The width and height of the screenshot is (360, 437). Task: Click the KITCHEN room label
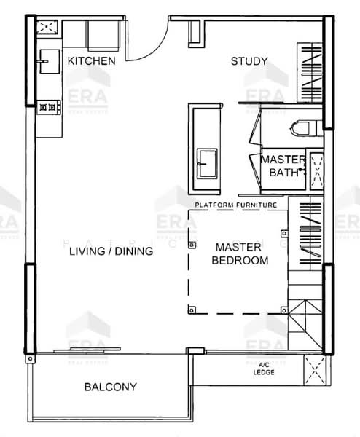point(91,61)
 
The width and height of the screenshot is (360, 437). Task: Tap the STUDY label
point(249,61)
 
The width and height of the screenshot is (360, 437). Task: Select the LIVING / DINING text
point(111,252)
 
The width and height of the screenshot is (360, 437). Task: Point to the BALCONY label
point(110,387)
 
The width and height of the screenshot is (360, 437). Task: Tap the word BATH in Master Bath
point(283,173)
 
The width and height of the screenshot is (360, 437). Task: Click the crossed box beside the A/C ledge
point(316,370)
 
